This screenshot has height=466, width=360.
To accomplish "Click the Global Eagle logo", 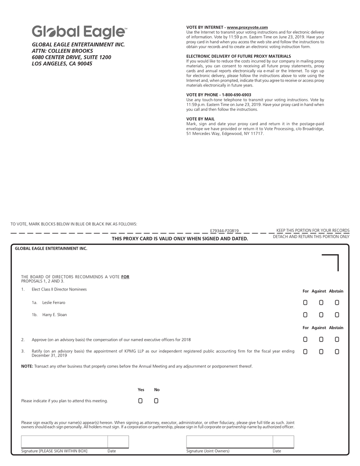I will click(79, 32).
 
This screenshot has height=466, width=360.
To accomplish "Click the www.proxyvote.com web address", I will click(247, 28).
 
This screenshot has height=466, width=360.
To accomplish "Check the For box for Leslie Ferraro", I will click(305, 302).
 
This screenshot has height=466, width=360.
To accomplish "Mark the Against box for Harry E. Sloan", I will click(321, 315).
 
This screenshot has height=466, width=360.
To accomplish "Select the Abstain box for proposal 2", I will click(337, 340).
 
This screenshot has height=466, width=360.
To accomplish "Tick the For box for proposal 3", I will click(305, 352).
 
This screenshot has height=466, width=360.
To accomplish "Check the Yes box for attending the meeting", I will click(140, 401).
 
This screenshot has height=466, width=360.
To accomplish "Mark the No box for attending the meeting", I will click(156, 401).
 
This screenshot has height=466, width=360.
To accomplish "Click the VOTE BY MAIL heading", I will click(200, 119).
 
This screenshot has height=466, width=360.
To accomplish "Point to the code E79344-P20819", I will click(224, 231).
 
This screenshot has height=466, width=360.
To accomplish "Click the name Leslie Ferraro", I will click(54, 302).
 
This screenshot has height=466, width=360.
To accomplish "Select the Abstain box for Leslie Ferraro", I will click(337, 302).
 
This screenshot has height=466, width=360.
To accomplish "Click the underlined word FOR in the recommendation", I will click(125, 277).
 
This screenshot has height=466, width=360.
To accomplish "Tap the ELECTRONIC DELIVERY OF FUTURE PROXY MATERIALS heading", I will click(239, 56).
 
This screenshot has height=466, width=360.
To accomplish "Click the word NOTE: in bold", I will click(27, 366).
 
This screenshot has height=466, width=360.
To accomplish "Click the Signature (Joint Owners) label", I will click(208, 451).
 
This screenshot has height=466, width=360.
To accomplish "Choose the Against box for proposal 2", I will click(321, 340).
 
